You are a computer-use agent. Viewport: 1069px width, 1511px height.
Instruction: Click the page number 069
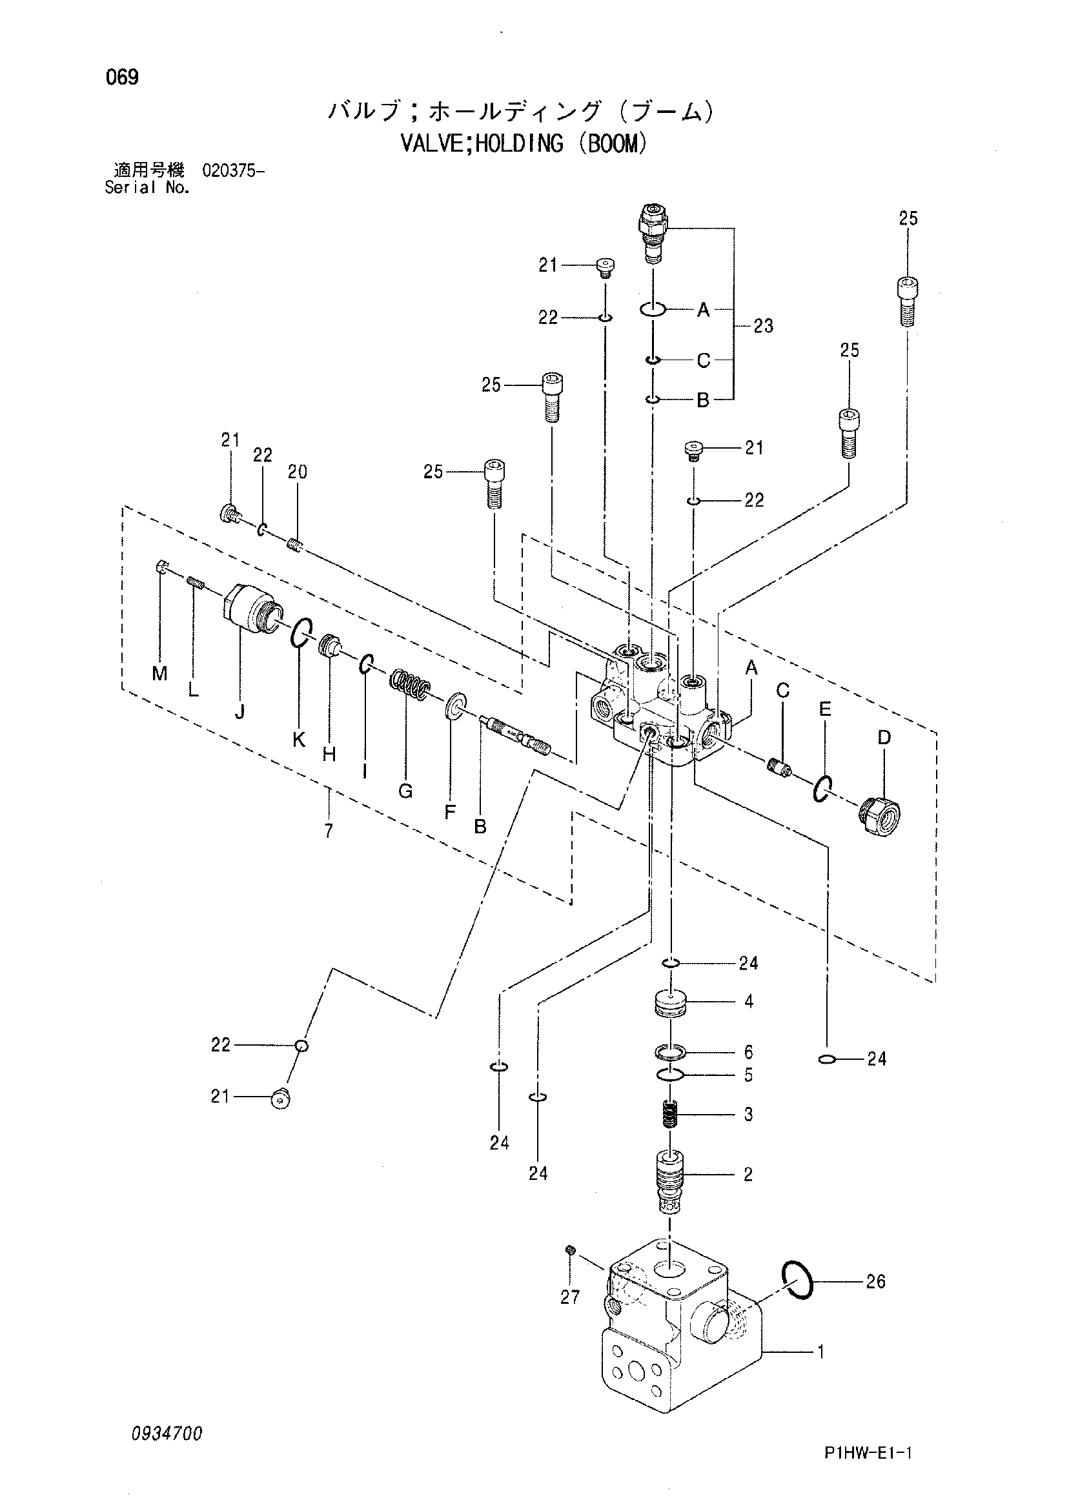tap(122, 77)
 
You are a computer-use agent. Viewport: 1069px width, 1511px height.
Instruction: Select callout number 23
tap(764, 326)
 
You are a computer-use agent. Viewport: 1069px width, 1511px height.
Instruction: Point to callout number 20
tap(297, 472)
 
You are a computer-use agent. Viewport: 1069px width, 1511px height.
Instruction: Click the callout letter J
tap(239, 711)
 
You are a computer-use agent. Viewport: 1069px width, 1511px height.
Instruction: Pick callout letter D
tap(884, 737)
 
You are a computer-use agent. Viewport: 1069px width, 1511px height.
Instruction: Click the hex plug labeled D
tap(880, 816)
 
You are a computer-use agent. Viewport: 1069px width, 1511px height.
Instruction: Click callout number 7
tap(328, 831)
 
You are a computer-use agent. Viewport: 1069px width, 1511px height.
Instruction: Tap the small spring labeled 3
tap(669, 1115)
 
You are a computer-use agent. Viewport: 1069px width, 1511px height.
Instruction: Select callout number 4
tap(748, 1002)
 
